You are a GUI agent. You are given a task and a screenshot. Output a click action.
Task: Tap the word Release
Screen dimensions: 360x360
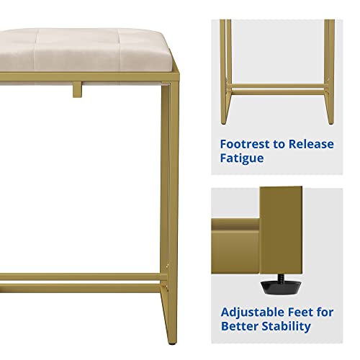pyautogui.click(x=310, y=144)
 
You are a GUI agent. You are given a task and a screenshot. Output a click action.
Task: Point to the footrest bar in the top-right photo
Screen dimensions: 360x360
pyautogui.click(x=277, y=90)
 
